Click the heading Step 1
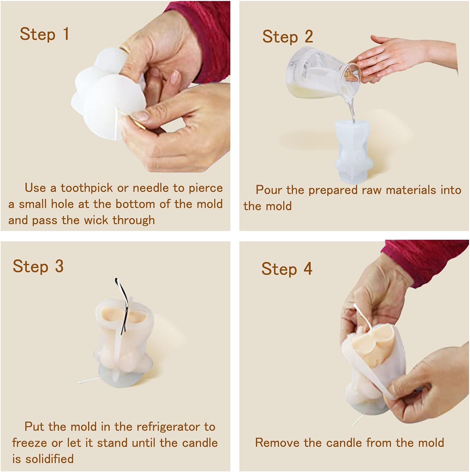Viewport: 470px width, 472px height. (x=45, y=34)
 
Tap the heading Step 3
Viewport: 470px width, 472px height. (x=38, y=267)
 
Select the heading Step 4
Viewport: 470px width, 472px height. (x=286, y=269)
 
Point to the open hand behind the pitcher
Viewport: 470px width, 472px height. (x=403, y=57)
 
